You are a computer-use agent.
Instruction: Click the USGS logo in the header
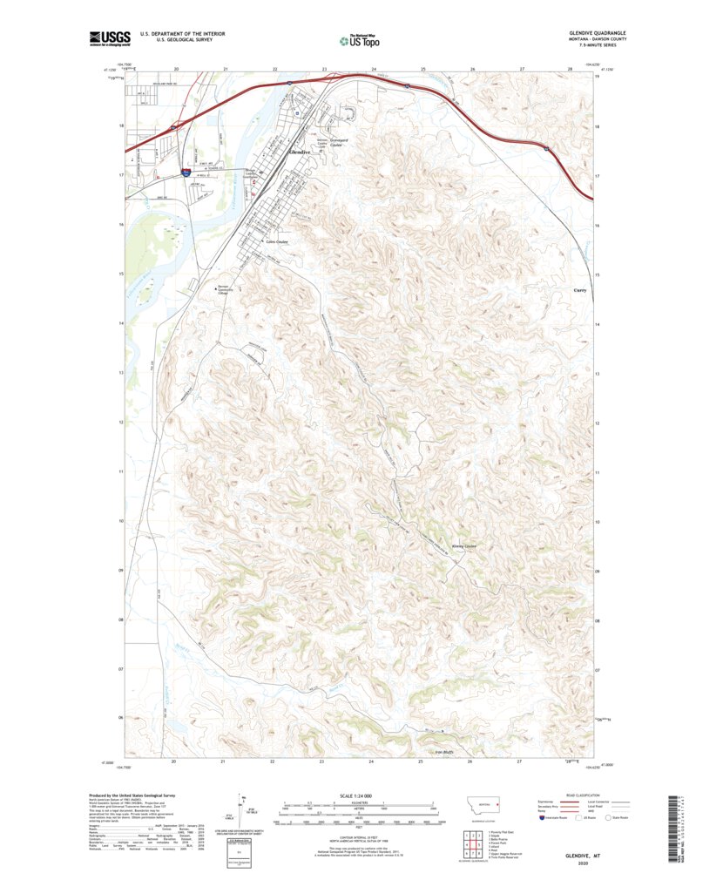110,37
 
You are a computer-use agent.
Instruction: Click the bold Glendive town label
299,152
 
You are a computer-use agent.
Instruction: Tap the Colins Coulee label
276,241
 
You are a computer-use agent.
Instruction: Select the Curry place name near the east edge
581,290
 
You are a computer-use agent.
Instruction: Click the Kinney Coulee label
464,546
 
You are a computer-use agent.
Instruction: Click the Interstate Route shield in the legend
545,818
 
